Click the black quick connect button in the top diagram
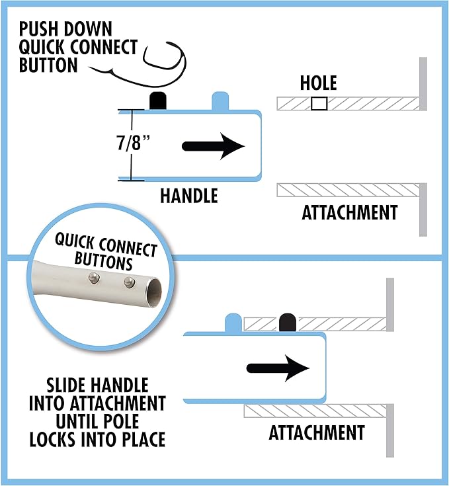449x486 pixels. (x=157, y=101)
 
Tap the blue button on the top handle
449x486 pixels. (x=220, y=101)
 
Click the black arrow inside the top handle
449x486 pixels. (x=212, y=146)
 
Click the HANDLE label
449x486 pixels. (x=188, y=196)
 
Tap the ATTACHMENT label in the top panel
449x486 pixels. (x=349, y=213)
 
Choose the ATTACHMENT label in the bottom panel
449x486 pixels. (x=317, y=433)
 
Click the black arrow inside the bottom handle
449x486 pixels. (x=278, y=368)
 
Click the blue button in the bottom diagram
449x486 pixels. (x=233, y=323)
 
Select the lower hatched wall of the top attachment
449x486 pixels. (x=347, y=190)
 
